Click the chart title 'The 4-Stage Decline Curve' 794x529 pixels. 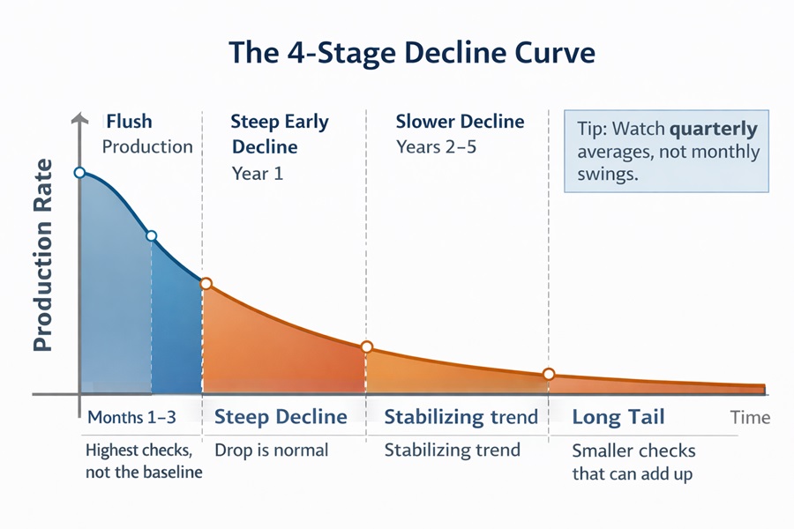tap(412, 53)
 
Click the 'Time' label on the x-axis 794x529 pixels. tap(750, 418)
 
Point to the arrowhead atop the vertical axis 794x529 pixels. tap(79, 117)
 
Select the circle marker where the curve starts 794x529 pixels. tap(79, 173)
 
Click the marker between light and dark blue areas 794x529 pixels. tap(151, 235)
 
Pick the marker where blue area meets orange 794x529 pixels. tap(206, 284)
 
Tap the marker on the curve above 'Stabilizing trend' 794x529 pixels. tap(367, 346)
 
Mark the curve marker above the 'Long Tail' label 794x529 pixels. tap(549, 375)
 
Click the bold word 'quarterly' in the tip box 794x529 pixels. tap(714, 130)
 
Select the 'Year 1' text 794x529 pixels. tap(258, 174)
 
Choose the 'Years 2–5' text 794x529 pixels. tap(436, 147)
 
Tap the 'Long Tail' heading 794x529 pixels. tap(618, 417)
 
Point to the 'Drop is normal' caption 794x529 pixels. tap(271, 450)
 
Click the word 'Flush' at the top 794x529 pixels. tap(130, 121)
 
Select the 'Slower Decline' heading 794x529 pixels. tap(460, 122)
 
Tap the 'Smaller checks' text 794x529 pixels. tap(633, 451)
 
